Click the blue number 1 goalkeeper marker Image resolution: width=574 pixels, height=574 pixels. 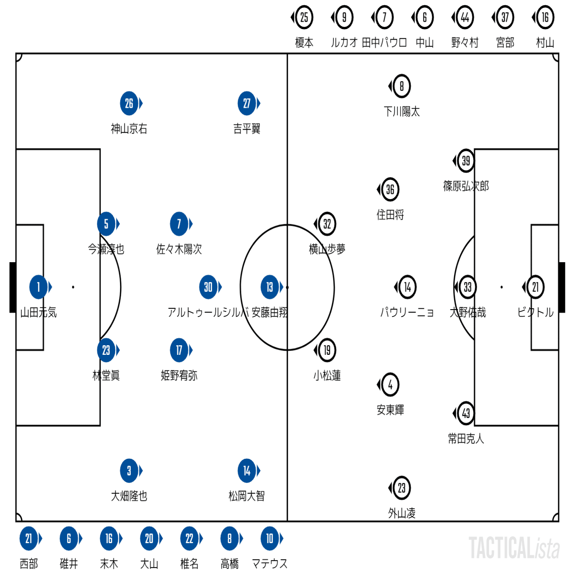click(39, 287)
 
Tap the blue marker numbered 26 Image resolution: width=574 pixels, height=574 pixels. click(129, 103)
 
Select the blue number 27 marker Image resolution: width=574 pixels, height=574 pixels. click(247, 103)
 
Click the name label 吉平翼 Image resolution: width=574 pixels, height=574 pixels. click(247, 129)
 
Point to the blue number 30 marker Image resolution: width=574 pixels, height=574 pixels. click(209, 287)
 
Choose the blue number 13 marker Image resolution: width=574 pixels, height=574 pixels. click(270, 287)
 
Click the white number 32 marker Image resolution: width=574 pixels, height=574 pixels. click(327, 224)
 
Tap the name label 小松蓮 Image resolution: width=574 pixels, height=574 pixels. click(327, 375)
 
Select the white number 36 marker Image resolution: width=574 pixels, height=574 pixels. click(390, 190)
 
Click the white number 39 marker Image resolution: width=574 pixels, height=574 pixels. click(466, 161)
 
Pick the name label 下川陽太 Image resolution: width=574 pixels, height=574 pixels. click(401, 112)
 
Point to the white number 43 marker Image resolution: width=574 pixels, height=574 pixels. click(466, 413)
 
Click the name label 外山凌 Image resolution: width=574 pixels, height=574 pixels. click(401, 514)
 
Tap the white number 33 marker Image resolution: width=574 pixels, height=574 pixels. click(467, 287)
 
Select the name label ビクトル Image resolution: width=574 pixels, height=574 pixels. click(535, 312)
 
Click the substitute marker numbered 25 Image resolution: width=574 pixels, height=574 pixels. click(304, 17)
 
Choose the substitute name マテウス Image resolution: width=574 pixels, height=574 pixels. click(270, 564)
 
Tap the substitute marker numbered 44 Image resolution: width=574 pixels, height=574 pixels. click(465, 17)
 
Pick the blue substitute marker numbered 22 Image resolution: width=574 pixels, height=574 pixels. click(190, 539)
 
